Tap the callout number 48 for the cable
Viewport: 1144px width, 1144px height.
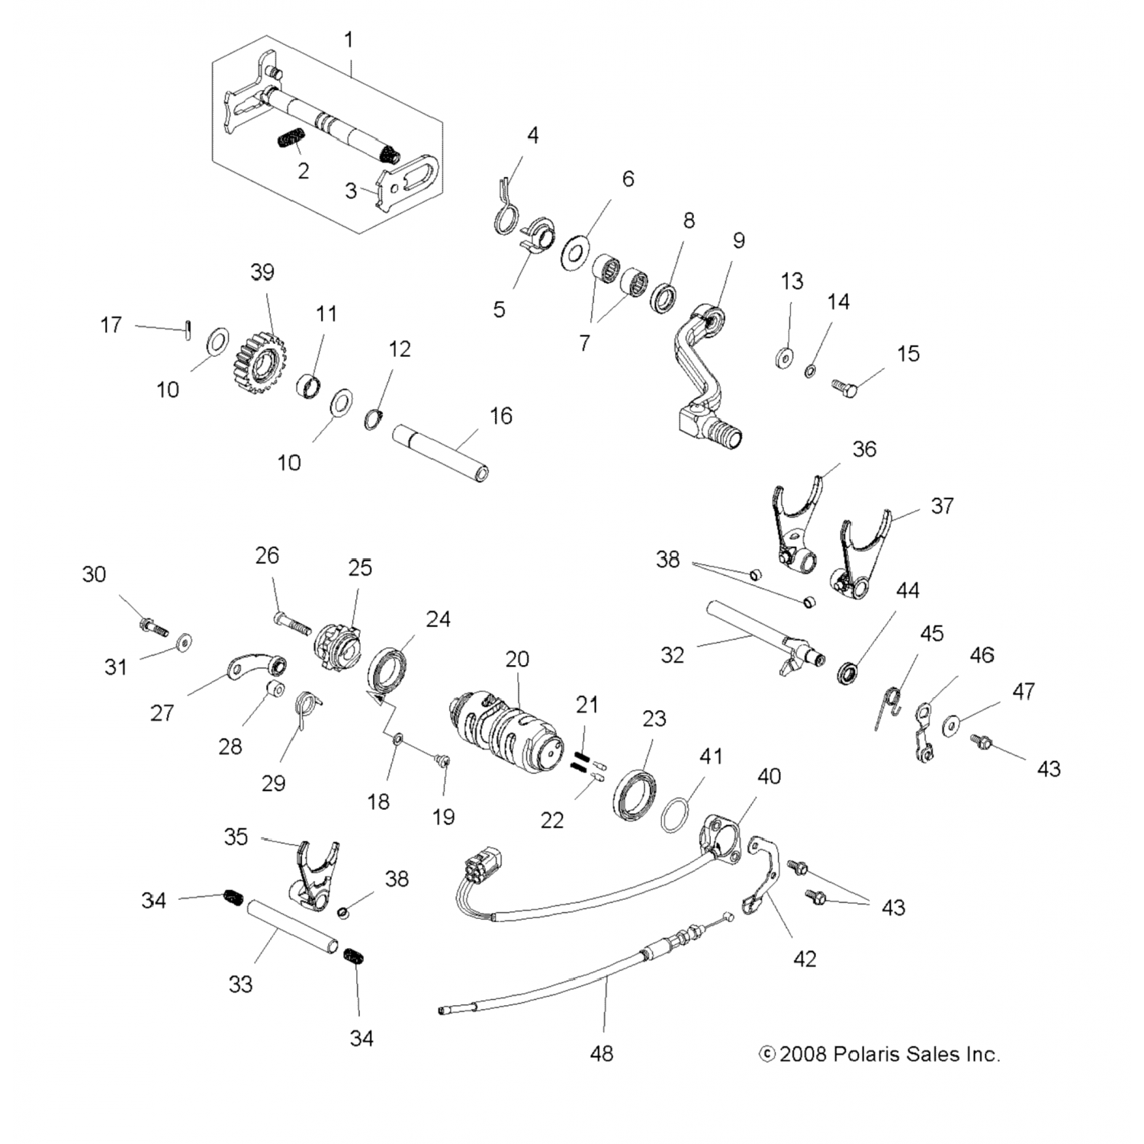click(601, 1053)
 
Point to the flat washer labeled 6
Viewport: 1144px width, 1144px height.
click(576, 253)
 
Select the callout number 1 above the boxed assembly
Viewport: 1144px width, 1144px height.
click(349, 40)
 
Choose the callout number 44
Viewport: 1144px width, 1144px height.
click(908, 590)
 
